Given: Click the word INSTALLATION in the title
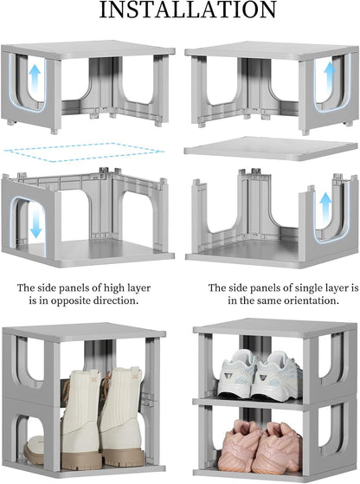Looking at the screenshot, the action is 188,10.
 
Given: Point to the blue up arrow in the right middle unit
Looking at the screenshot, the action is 325,206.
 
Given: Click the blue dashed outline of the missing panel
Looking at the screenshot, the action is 83,152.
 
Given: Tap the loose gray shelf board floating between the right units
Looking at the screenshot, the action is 271,148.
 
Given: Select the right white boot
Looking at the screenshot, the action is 122,416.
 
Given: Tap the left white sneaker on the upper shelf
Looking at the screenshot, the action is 237,374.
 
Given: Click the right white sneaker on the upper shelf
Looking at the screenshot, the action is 276,377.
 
